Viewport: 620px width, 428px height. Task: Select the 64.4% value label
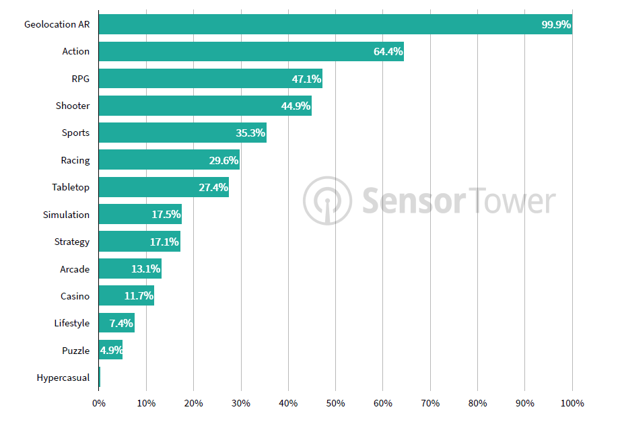pyautogui.click(x=388, y=52)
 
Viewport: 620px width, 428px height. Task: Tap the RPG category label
pyautogui.click(x=80, y=79)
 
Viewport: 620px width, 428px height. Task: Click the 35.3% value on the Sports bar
pyautogui.click(x=250, y=133)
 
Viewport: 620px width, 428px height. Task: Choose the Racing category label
pyautogui.click(x=75, y=160)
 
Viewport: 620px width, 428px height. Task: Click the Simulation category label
pyautogui.click(x=66, y=215)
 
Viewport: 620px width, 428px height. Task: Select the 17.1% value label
pyautogui.click(x=164, y=242)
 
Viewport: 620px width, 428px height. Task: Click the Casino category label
pyautogui.click(x=75, y=296)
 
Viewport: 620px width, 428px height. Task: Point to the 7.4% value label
pyautogui.click(x=121, y=324)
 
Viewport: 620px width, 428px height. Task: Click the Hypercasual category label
pyautogui.click(x=63, y=378)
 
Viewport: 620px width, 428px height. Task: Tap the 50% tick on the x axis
pyautogui.click(x=335, y=403)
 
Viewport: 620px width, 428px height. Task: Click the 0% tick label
pyautogui.click(x=99, y=403)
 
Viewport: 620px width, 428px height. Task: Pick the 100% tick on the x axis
pyautogui.click(x=572, y=403)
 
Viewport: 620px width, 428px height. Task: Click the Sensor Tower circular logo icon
pyautogui.click(x=327, y=201)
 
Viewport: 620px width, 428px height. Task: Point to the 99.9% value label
pyautogui.click(x=556, y=25)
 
